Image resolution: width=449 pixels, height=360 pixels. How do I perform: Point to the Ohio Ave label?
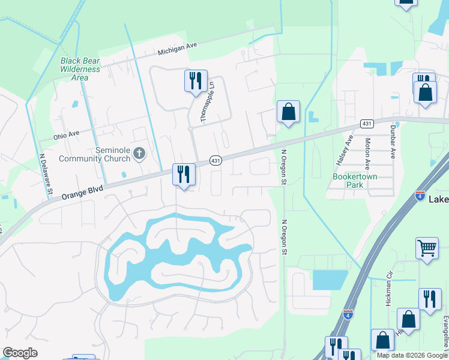coord(66,136)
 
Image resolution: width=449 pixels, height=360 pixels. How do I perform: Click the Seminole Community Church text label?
coord(95,154)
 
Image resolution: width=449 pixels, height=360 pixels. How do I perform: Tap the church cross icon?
coord(139,154)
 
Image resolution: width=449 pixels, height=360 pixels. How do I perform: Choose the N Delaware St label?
coord(46,176)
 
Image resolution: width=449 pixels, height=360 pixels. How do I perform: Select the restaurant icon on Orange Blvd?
coord(184,175)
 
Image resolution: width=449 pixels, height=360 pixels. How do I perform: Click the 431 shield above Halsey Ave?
coord(367,124)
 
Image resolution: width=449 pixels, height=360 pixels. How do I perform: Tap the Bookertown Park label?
coord(349,181)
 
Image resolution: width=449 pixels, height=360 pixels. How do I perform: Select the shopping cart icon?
coord(427,247)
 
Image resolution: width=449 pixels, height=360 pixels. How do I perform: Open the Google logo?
coord(20,353)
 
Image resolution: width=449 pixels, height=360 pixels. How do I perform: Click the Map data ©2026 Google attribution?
coord(412,355)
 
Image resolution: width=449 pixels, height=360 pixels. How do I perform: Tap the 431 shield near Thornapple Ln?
coord(216,160)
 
